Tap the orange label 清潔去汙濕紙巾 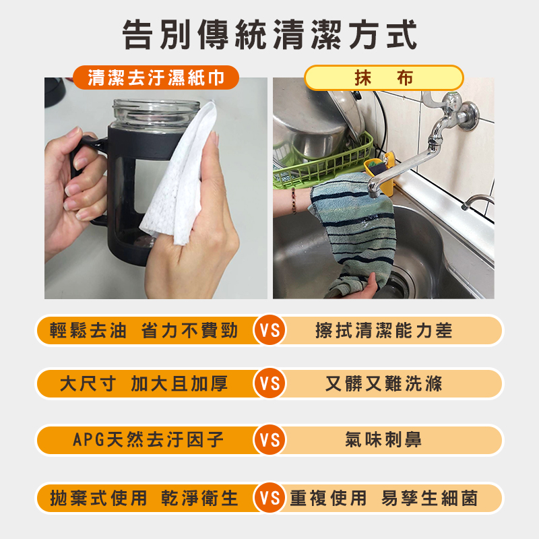[x=156, y=77]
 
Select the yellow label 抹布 [x=383, y=77]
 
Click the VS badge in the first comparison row [x=269, y=331]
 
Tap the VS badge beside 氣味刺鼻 [x=269, y=441]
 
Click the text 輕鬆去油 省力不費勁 [x=144, y=331]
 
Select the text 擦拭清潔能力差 [x=383, y=331]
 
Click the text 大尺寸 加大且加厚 [x=144, y=384]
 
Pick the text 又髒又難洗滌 [x=383, y=384]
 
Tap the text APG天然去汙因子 [x=148, y=441]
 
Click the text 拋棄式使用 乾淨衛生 [x=144, y=499]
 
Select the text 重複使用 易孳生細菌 [x=383, y=499]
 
